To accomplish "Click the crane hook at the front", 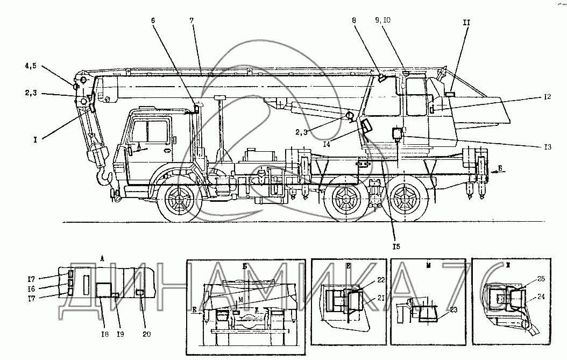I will pyautogui.click(x=102, y=175).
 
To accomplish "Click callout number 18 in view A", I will pyautogui.click(x=105, y=335).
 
